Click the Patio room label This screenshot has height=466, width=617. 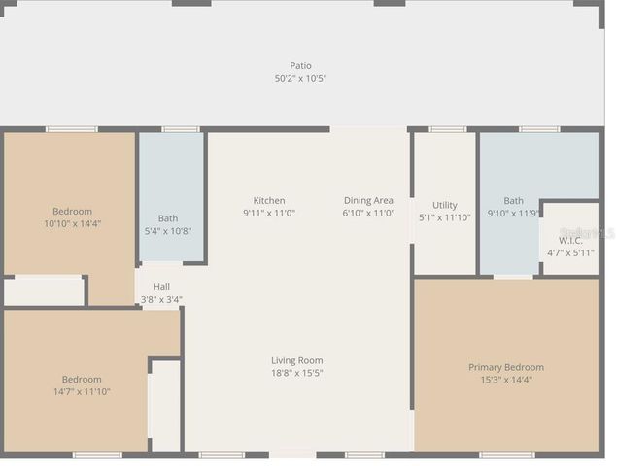point(300,65)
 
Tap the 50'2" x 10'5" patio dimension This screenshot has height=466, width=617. point(300,78)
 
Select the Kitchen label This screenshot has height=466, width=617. point(269,201)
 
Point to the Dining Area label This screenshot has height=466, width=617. point(368,201)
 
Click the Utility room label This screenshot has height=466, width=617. point(445,205)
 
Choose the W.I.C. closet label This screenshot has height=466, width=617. point(570,240)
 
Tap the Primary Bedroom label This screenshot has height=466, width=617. point(506,367)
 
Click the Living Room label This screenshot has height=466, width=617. point(296,360)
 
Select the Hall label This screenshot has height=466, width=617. point(161,287)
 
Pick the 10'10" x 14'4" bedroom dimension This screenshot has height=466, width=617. point(72,223)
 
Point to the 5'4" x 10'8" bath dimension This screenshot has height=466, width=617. point(168,231)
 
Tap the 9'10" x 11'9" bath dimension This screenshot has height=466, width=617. point(513,213)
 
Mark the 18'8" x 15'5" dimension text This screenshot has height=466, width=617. point(296,373)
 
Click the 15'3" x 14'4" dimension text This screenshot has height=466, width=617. point(506,380)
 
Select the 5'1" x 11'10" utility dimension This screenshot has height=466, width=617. point(445,217)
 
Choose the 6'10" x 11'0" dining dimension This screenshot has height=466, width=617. point(368,213)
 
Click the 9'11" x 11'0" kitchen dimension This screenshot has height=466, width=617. point(269,213)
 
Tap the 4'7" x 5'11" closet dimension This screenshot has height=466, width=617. point(570,252)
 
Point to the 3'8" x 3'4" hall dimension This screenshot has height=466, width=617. point(161,299)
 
